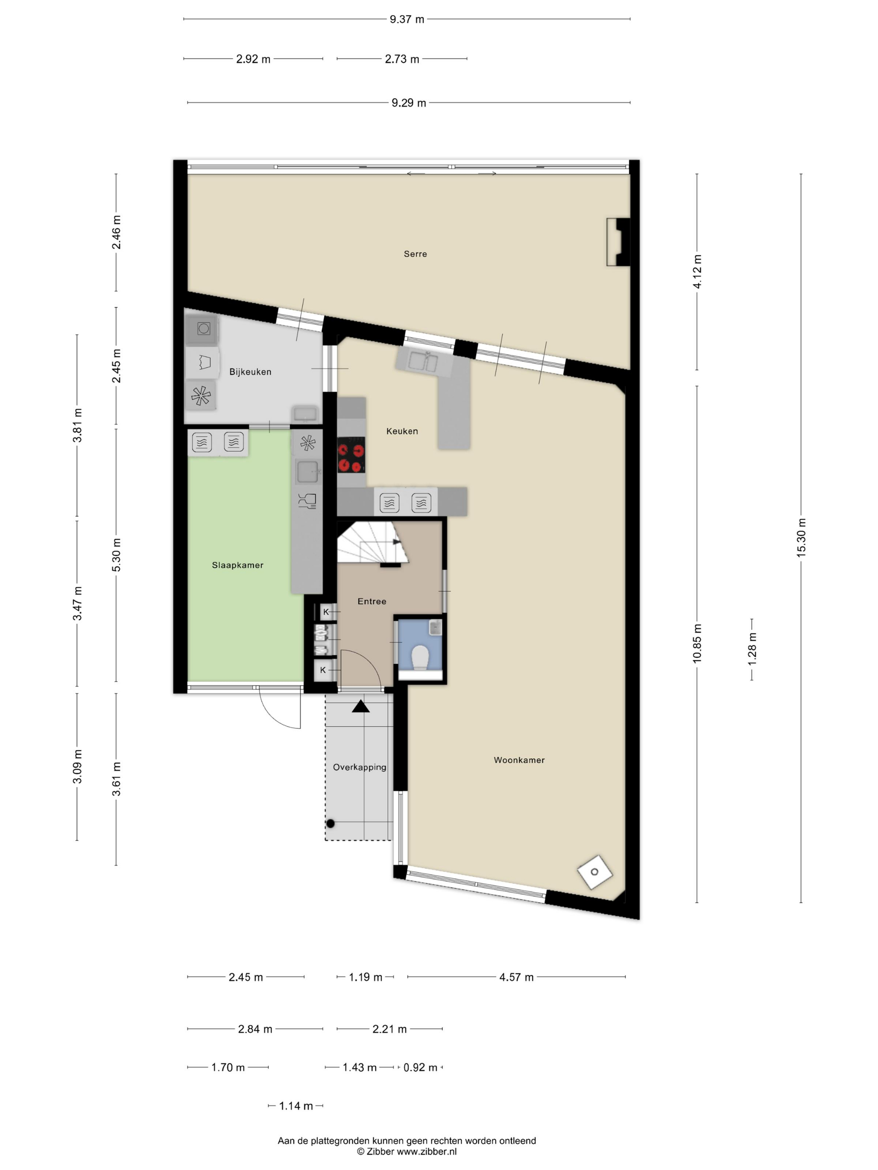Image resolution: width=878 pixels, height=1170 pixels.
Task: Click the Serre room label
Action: pos(415,254)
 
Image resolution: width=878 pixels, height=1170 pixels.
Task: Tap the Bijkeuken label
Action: pos(250,372)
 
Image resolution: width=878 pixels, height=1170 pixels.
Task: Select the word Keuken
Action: pos(402,431)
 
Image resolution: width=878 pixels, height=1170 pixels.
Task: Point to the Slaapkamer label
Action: pos(237,565)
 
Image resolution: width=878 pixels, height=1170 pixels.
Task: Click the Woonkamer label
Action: pos(519,760)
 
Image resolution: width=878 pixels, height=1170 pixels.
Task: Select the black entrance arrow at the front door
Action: pos(361,706)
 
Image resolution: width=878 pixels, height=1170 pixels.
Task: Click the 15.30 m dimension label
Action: pos(801,537)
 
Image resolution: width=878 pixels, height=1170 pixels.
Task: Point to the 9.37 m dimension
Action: pos(407,20)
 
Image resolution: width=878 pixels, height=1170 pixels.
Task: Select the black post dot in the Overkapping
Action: pos(331,824)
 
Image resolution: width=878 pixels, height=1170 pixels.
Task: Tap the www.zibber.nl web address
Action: pos(426,1152)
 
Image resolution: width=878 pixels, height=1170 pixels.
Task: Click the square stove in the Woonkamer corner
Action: pos(595,872)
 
